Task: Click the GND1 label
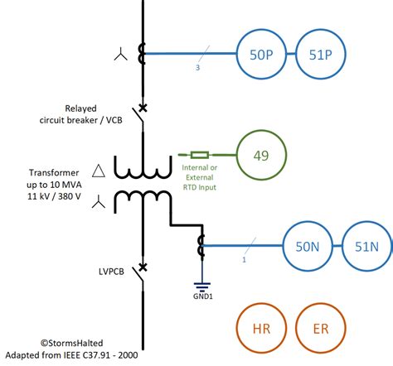point(203,296)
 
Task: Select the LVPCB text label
point(111,272)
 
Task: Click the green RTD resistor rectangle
point(200,155)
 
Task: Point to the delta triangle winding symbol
point(99,171)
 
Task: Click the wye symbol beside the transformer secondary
point(99,202)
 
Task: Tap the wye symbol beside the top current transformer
point(121,54)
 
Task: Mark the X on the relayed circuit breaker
point(143,108)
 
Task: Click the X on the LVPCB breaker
point(143,267)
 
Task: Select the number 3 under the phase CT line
point(197,68)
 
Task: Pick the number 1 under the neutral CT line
point(244,260)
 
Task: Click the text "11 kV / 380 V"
point(54,196)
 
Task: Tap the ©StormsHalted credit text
point(72,343)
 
